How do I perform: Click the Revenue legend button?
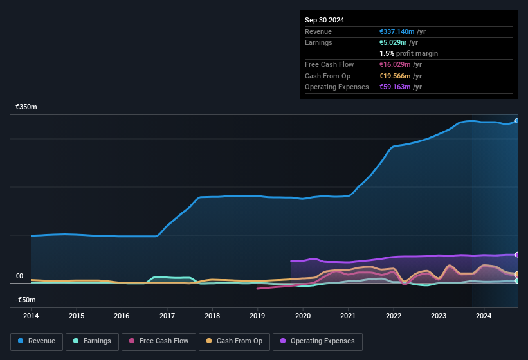click(37, 341)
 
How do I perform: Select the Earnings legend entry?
click(92, 341)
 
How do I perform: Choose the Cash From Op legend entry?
click(234, 341)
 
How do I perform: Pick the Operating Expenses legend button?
click(318, 341)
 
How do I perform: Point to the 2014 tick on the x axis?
click(31, 316)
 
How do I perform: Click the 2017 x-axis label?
click(167, 316)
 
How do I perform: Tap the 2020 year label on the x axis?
click(303, 316)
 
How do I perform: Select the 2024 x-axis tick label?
click(484, 316)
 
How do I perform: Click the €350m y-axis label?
click(26, 107)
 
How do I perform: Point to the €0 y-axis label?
click(19, 276)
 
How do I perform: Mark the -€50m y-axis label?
click(26, 300)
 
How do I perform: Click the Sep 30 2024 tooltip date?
click(324, 20)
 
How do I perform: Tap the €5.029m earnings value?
click(394, 42)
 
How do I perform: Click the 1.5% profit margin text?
click(408, 53)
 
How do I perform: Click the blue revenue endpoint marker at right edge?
click(517, 121)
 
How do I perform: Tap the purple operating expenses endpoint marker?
click(517, 255)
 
